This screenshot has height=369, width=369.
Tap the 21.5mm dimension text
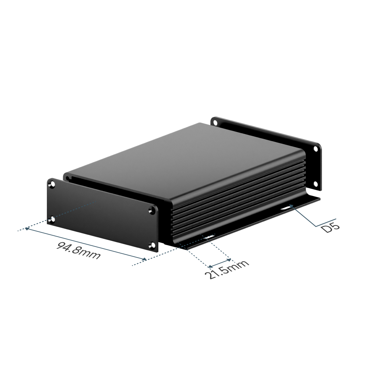coord(227,269)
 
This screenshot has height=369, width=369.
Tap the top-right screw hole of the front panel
coord(153,210)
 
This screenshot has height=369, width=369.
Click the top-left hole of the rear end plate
coord(215,123)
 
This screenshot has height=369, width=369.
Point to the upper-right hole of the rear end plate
coord(315,149)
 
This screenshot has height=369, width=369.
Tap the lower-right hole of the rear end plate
coord(315,183)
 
